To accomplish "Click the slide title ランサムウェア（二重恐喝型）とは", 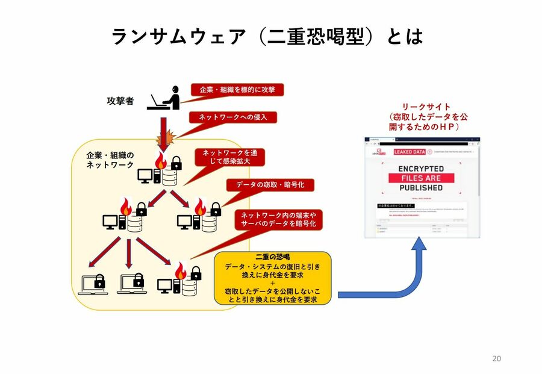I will tap(267, 37).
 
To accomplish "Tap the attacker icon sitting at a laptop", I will tap(164, 98).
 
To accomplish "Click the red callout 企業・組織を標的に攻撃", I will tap(237, 89).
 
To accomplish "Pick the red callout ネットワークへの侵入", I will tap(232, 117).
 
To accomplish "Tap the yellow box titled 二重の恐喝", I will tap(273, 278).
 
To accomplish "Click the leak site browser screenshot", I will tap(422, 187).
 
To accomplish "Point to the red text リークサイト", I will tap(427, 107).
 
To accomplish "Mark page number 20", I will tap(496, 358).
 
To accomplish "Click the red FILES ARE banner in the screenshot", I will tap(422, 178).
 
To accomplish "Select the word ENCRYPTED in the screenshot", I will tap(422, 169).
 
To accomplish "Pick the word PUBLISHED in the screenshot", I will tap(422, 188).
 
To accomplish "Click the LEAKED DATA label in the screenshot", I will tap(410, 152).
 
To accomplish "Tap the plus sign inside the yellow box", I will tap(272, 283).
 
